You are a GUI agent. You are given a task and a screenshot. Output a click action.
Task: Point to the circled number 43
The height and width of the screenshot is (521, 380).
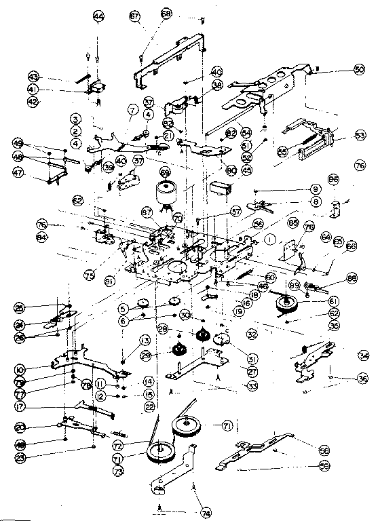click(x=33, y=75)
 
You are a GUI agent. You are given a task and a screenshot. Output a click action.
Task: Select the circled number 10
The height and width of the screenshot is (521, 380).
click(x=20, y=370)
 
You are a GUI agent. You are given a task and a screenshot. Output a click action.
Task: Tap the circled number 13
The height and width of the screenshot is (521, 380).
click(x=125, y=340)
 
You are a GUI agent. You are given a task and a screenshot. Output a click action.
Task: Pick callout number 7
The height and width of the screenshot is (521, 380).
click(x=132, y=109)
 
